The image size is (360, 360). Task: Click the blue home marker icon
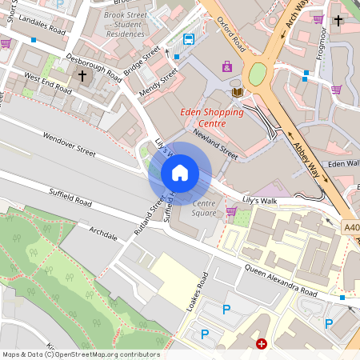[180, 173]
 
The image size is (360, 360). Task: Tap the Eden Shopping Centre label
[211, 118]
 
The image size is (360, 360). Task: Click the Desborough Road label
[94, 67]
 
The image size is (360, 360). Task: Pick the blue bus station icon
[189, 39]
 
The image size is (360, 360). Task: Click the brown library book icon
[237, 93]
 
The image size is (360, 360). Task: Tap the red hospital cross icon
[261, 344]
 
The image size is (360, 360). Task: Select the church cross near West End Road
[82, 75]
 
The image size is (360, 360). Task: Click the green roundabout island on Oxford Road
[258, 74]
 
